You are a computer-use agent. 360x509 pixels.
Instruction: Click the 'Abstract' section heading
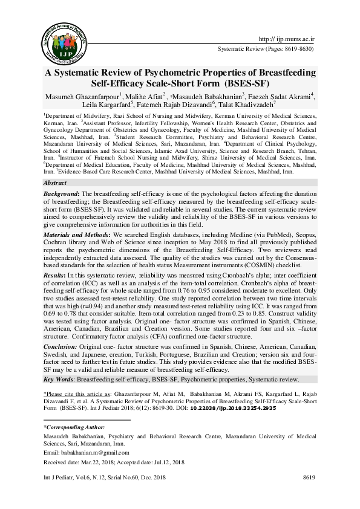pyautogui.click(x=56, y=165)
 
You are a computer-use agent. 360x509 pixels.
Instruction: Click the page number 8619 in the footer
pyautogui.click(x=309, y=478)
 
